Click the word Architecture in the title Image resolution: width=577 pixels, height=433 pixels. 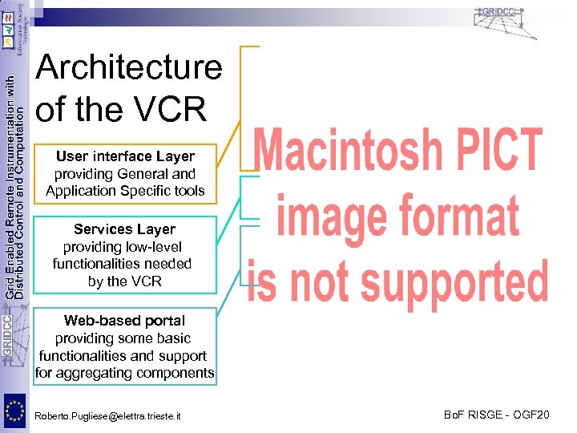coord(129,67)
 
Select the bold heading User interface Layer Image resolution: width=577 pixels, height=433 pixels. coord(125,156)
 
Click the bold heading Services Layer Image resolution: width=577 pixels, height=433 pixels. coord(124,229)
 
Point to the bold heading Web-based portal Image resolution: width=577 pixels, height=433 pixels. coord(124,321)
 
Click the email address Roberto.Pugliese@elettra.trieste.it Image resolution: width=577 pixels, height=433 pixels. coord(108,416)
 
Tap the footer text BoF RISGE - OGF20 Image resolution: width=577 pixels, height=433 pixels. coord(497,415)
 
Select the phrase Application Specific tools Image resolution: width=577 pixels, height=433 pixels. coord(125,191)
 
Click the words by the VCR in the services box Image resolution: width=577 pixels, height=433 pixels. coord(124,281)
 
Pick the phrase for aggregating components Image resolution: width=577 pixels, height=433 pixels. coord(124,373)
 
